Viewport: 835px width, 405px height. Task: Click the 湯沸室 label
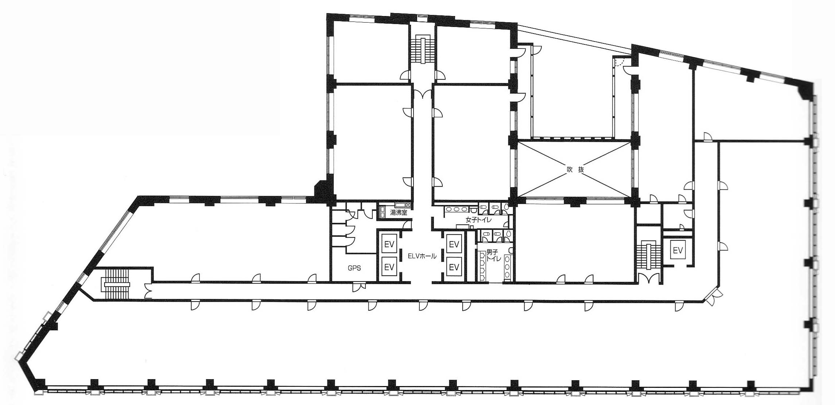click(x=399, y=213)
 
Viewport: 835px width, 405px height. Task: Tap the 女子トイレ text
click(x=478, y=220)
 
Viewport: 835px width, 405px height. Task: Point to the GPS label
click(x=354, y=268)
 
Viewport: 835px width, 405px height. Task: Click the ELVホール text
click(x=422, y=256)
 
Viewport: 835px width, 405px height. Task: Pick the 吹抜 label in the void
click(x=575, y=169)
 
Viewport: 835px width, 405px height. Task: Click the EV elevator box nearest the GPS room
click(x=389, y=267)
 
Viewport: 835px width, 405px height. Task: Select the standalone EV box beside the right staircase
click(x=677, y=250)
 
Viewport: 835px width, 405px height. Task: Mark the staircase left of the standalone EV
click(x=648, y=255)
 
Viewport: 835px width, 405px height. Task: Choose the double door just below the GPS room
click(x=358, y=287)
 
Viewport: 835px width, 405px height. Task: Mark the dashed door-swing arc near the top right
click(x=620, y=63)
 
